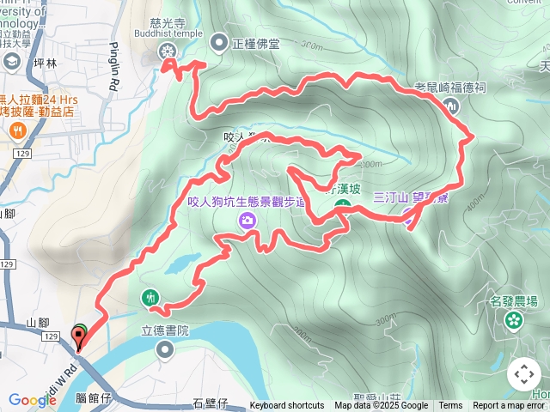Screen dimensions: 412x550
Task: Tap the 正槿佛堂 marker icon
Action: [x=219, y=40]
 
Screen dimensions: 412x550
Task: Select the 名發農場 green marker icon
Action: [x=514, y=320]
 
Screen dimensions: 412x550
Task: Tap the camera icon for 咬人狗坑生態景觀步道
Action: [x=247, y=221]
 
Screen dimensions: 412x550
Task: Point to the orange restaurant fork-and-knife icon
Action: [x=17, y=130]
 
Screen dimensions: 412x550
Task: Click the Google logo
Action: [x=33, y=401]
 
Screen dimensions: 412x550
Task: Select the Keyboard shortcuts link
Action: [x=287, y=406]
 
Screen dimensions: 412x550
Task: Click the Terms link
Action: [x=450, y=406]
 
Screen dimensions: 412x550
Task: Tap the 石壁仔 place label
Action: [x=209, y=403]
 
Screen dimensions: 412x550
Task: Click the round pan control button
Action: [x=524, y=374]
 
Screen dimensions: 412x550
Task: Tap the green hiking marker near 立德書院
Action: [x=151, y=298]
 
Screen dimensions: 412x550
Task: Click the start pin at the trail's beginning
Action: [x=79, y=336]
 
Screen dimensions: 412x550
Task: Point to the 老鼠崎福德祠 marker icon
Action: [x=452, y=106]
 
